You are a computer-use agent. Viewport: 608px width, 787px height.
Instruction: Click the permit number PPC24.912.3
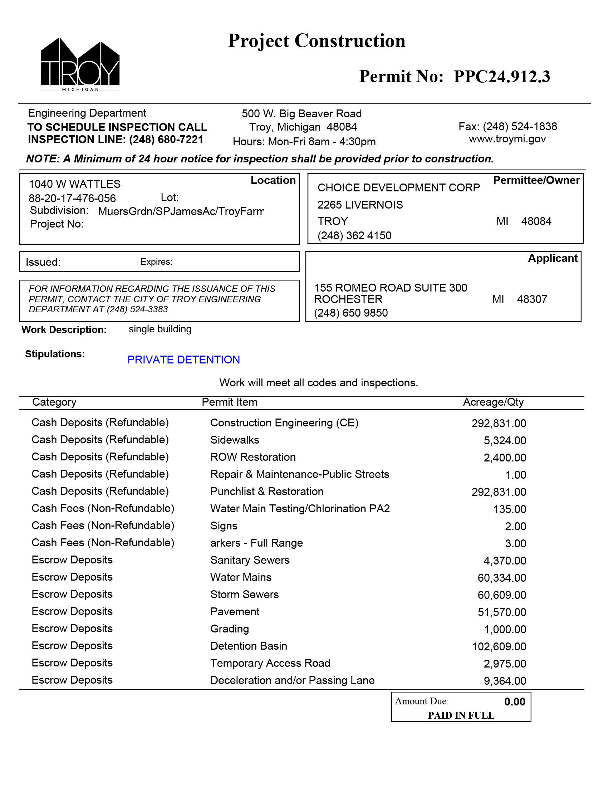pos(501,77)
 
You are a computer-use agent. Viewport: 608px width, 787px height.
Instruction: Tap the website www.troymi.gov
pos(507,139)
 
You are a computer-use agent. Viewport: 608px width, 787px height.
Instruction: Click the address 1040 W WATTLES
pos(74,184)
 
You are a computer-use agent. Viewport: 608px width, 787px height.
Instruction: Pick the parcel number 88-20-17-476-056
pos(72,198)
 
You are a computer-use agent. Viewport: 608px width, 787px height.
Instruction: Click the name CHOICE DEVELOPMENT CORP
pos(398,188)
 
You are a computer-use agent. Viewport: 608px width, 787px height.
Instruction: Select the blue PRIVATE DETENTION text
pos(183,360)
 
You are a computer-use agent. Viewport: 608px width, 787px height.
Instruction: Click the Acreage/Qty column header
pos(493,402)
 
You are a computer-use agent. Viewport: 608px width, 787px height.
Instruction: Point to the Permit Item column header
pos(230,402)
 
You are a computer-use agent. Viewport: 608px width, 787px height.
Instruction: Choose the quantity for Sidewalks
pos(505,440)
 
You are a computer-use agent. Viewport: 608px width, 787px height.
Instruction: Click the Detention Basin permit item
pos(249,646)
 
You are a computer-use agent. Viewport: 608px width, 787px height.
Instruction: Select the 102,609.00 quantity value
pos(499,646)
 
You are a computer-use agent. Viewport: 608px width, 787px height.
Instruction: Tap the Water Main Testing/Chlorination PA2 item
pos(300,509)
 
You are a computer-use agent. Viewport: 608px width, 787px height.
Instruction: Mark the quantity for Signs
pos(515,527)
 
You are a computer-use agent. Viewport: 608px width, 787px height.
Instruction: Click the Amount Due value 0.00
pos(514,702)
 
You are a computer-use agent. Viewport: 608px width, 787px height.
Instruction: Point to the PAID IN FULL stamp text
pos(461,715)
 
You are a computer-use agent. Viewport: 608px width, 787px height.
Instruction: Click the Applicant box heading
pos(552,258)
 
